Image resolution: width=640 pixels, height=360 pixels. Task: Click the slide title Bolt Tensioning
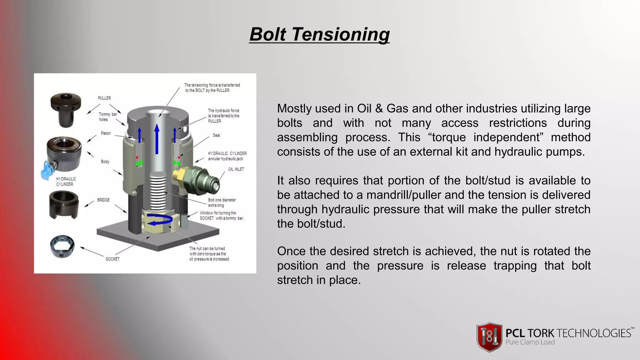tap(319, 34)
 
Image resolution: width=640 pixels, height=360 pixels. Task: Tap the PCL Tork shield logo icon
tap(489, 337)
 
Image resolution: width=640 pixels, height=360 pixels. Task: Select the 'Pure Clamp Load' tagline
tap(530, 342)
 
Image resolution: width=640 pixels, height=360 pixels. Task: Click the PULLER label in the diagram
tap(104, 98)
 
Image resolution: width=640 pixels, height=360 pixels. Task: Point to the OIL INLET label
tap(236, 169)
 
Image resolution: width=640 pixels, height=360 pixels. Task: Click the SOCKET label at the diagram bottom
tap(112, 259)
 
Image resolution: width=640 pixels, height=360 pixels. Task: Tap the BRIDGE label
tap(103, 200)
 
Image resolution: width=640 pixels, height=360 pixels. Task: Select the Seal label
tap(216, 135)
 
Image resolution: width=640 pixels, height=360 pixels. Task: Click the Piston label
tap(106, 133)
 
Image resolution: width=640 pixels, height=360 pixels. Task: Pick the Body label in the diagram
tap(105, 162)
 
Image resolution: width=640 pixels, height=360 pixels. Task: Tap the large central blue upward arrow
tap(157, 139)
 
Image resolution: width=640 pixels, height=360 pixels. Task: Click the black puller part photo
tap(66, 109)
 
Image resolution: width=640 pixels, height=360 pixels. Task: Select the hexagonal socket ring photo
tap(62, 246)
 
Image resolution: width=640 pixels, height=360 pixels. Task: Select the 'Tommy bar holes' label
tap(107, 117)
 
